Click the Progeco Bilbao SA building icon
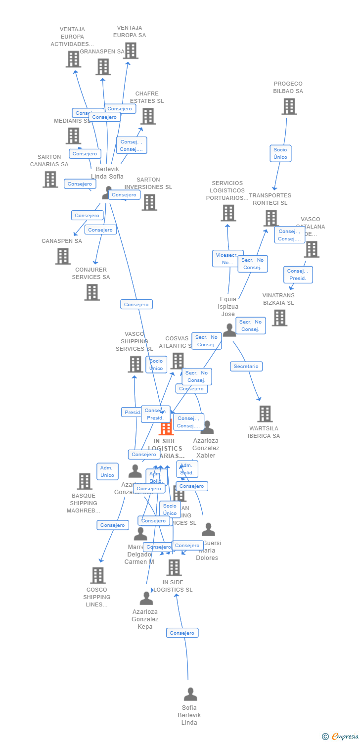click(x=289, y=106)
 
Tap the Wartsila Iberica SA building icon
click(x=265, y=414)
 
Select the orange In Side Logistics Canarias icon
click(x=166, y=427)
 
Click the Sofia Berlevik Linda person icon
click(x=190, y=695)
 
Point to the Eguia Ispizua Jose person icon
click(x=229, y=330)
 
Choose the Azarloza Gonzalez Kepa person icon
click(x=146, y=599)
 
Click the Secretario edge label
click(x=246, y=367)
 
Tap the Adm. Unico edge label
click(x=107, y=471)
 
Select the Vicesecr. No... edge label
click(x=227, y=259)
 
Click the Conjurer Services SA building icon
click(x=92, y=292)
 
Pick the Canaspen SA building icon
click(x=63, y=256)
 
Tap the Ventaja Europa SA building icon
click(x=131, y=50)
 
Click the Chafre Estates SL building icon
click(x=148, y=116)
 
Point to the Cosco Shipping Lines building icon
click(x=98, y=575)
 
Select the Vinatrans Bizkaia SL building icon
click(x=279, y=318)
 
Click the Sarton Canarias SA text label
click(x=49, y=161)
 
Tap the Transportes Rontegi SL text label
click(x=270, y=199)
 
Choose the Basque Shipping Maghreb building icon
click(x=85, y=481)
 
